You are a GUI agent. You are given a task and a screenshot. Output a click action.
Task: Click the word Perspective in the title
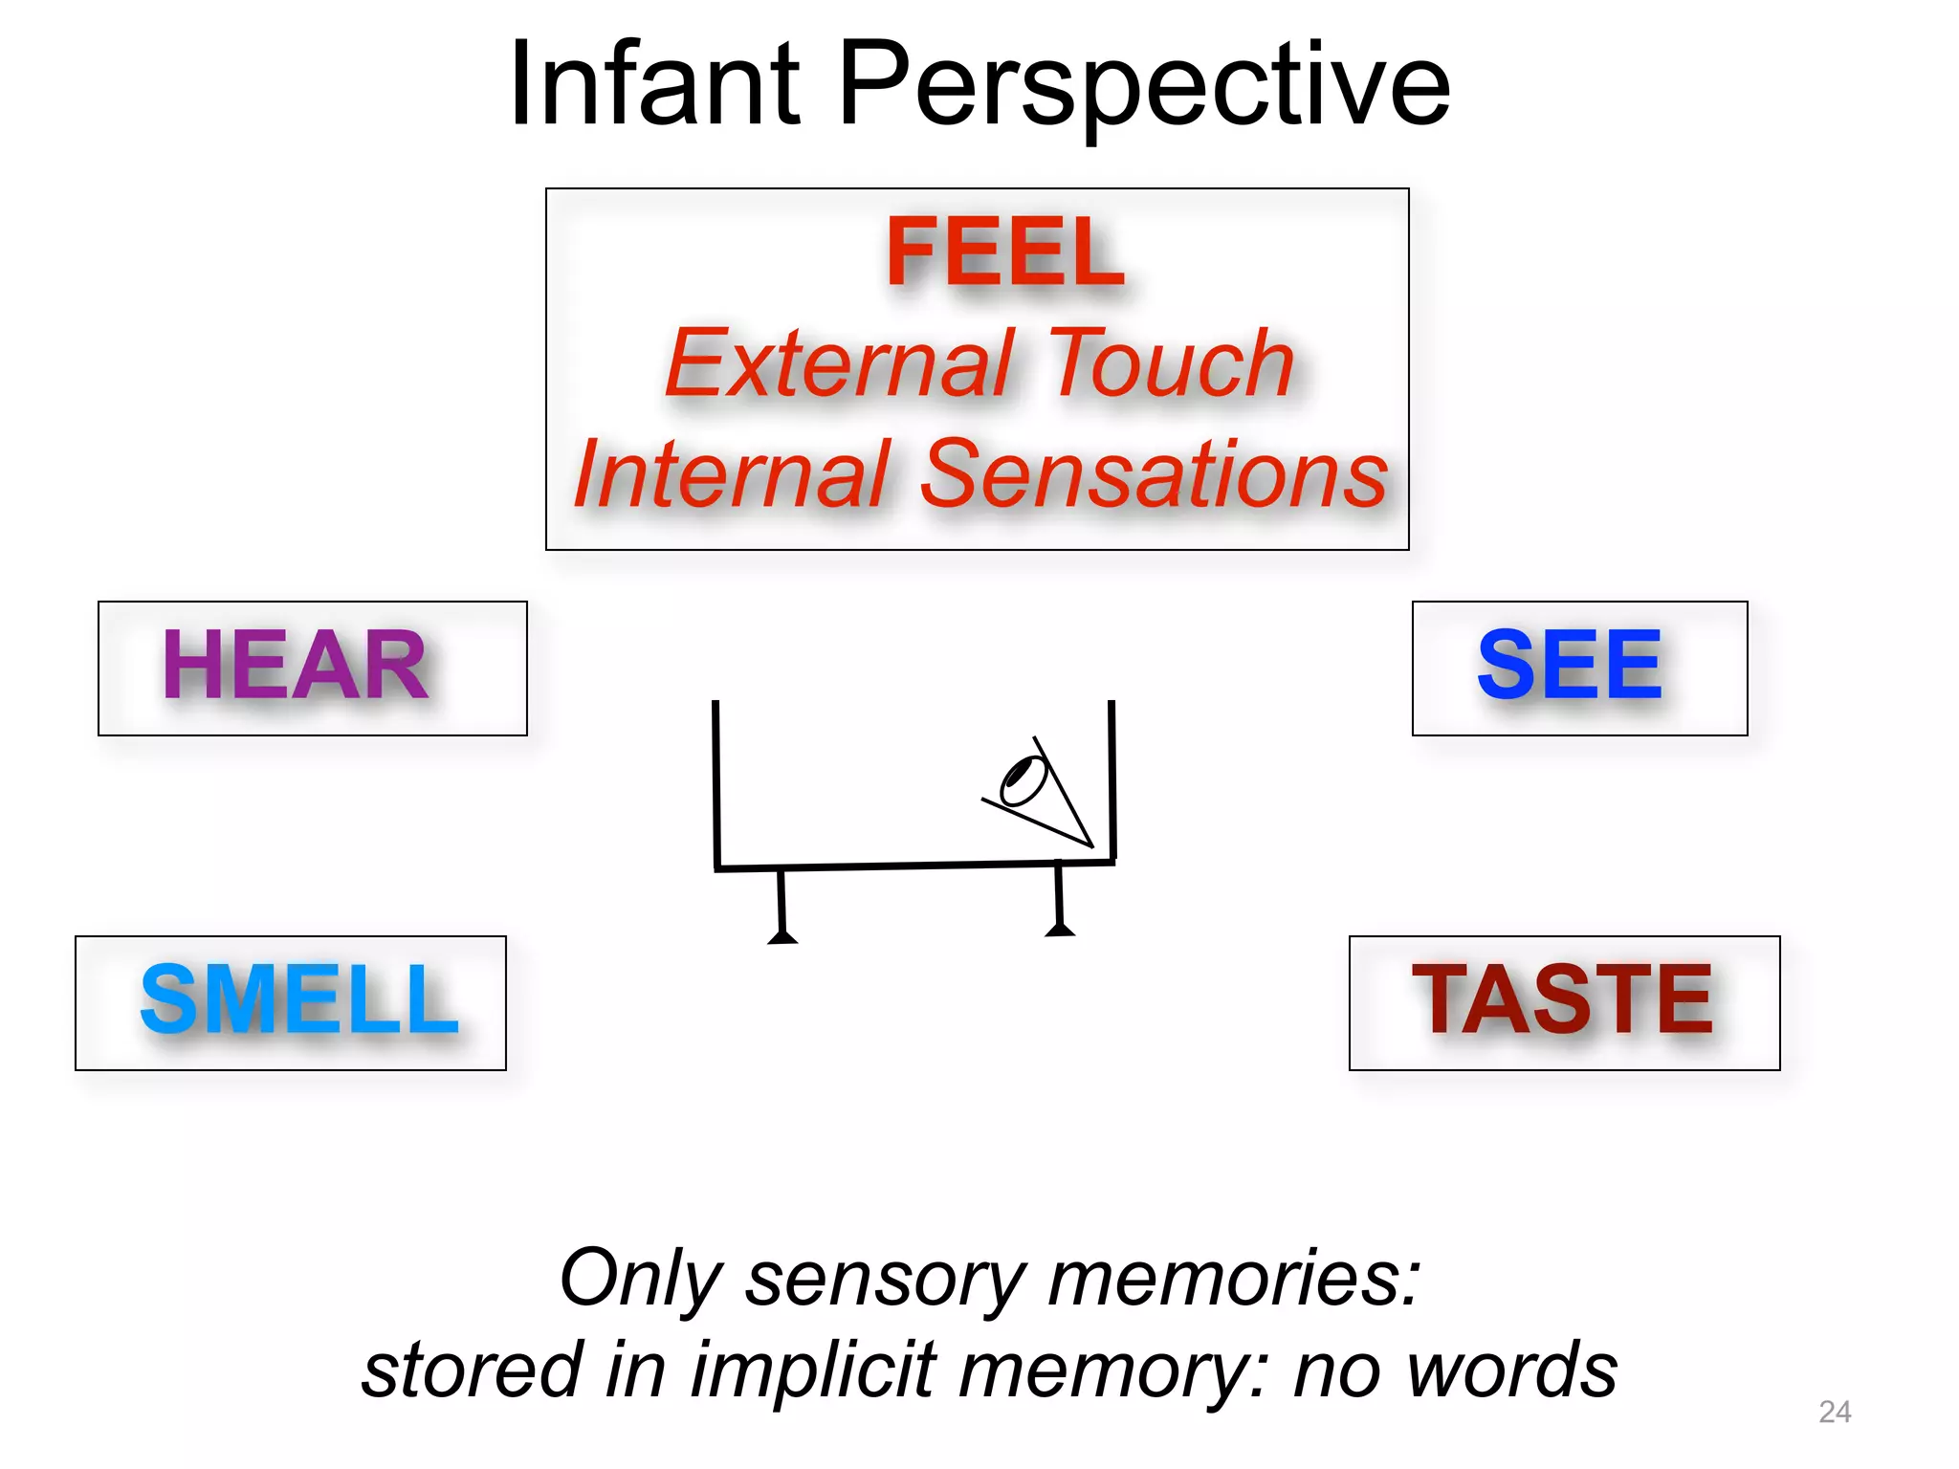point(1144,88)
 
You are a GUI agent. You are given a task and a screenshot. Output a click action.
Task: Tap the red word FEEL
point(1004,251)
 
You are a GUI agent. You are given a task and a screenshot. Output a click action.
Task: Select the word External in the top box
point(838,363)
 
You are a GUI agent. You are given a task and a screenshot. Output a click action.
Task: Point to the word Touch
point(1171,363)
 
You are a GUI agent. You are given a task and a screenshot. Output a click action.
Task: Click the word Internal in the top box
point(733,474)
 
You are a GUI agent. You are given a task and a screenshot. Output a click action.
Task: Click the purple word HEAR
point(295,666)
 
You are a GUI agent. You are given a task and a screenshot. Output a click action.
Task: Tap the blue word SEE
point(1570,666)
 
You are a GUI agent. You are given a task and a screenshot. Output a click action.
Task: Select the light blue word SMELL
point(298,1000)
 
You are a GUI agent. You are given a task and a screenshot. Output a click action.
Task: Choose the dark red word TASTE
point(1562,1000)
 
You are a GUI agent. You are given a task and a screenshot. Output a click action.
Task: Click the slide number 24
point(1834,1412)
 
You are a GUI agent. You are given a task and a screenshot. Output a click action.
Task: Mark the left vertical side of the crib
point(715,784)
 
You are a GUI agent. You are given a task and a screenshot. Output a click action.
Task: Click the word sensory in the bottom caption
point(886,1279)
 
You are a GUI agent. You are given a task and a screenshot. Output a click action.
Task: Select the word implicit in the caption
point(813,1370)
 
